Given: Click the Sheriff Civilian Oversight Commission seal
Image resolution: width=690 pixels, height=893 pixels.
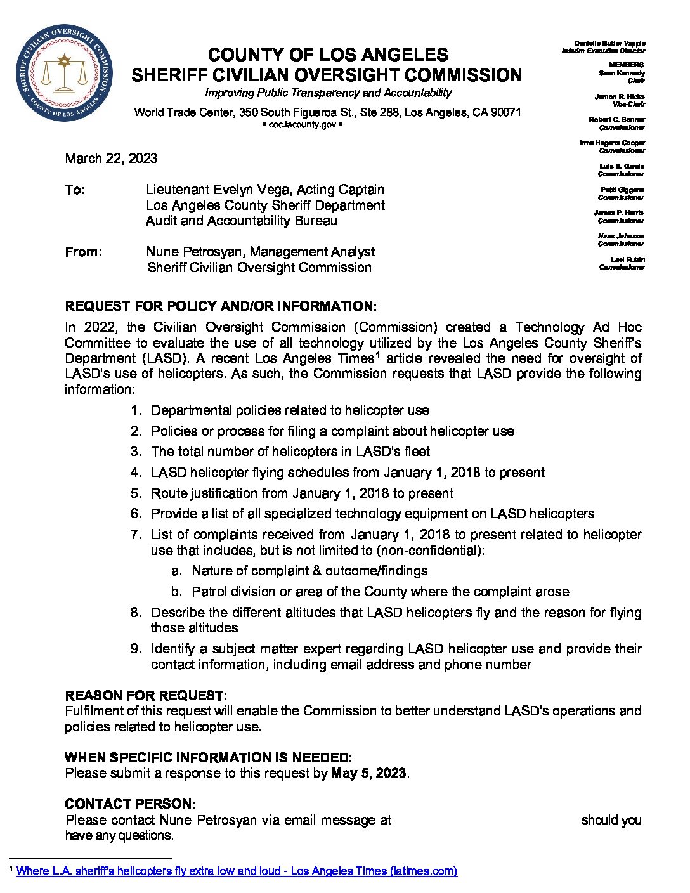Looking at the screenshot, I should click(64, 74).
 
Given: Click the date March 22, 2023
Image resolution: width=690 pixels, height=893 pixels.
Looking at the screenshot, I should click(111, 159).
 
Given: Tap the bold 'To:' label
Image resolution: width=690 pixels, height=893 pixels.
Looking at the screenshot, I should click(75, 190).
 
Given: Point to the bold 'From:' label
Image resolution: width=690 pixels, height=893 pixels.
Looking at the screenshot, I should click(83, 252).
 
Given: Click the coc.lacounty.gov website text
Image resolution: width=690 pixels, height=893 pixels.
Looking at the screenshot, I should click(302, 125).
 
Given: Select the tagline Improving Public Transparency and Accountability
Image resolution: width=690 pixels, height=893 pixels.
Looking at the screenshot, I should click(328, 93).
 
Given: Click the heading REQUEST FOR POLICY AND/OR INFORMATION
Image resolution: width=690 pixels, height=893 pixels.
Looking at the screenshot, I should click(220, 306).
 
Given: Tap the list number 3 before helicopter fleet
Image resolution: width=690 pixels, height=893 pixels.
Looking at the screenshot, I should click(136, 452).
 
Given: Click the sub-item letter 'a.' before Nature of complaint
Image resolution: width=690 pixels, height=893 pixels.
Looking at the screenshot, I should click(176, 571).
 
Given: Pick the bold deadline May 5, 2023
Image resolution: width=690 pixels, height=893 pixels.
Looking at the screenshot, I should click(368, 773).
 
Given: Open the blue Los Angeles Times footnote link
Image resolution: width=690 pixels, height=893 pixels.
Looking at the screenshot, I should click(237, 871).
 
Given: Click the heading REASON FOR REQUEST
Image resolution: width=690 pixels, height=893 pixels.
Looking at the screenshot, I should click(145, 696).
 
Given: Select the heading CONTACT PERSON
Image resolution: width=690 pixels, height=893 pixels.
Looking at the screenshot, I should click(130, 804).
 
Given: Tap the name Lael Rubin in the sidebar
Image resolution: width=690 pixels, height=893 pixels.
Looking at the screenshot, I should click(627, 259).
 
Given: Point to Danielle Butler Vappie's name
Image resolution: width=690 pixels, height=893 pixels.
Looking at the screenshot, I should click(609, 43).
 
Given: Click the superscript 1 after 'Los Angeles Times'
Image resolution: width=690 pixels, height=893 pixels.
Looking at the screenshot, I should click(377, 355).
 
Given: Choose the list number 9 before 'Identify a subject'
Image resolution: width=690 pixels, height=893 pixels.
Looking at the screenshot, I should click(136, 649).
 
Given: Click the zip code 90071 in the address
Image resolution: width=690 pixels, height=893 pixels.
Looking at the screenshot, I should click(505, 112).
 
